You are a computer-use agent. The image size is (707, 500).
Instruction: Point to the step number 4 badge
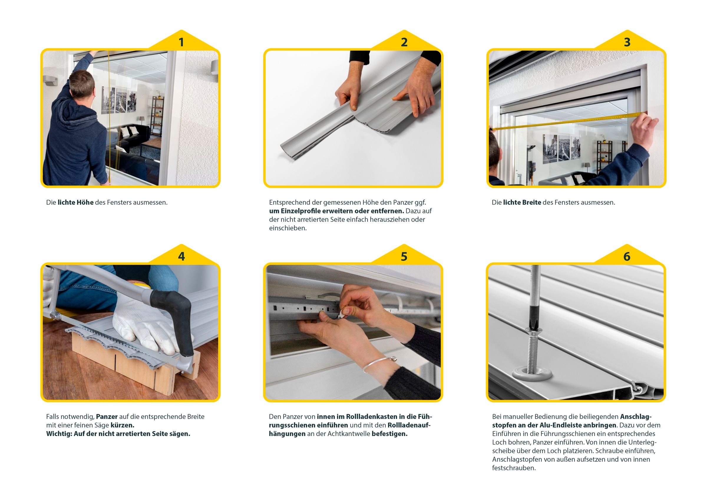coord(181,256)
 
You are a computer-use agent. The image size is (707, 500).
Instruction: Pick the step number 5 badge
coord(404,256)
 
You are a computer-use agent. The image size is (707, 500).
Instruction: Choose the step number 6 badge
coord(627,256)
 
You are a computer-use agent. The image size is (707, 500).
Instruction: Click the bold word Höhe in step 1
coord(85,202)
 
